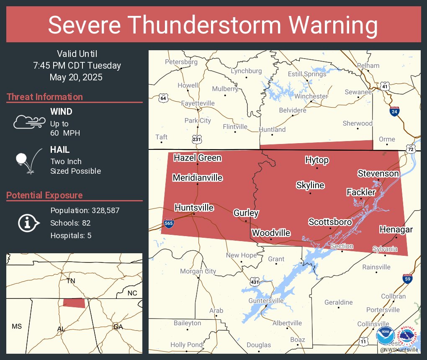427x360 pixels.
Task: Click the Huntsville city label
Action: (194, 208)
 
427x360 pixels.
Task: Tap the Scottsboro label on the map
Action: (330, 222)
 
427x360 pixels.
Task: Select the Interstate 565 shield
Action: (169, 223)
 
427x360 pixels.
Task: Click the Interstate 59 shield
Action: (407, 278)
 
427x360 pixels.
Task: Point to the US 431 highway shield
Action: (254, 282)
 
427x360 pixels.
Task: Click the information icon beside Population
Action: (28, 223)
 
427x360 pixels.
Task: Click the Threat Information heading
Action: (45, 97)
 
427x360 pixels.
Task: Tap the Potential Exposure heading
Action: (44, 195)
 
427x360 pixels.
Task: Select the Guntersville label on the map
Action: (266, 301)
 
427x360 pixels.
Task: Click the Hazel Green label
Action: (198, 158)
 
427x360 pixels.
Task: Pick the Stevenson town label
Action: (378, 173)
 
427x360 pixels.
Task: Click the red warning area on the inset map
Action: (74, 303)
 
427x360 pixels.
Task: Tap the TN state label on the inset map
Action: (71, 281)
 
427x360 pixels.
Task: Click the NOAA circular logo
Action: (385, 336)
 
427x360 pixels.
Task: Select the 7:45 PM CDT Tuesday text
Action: (77, 65)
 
